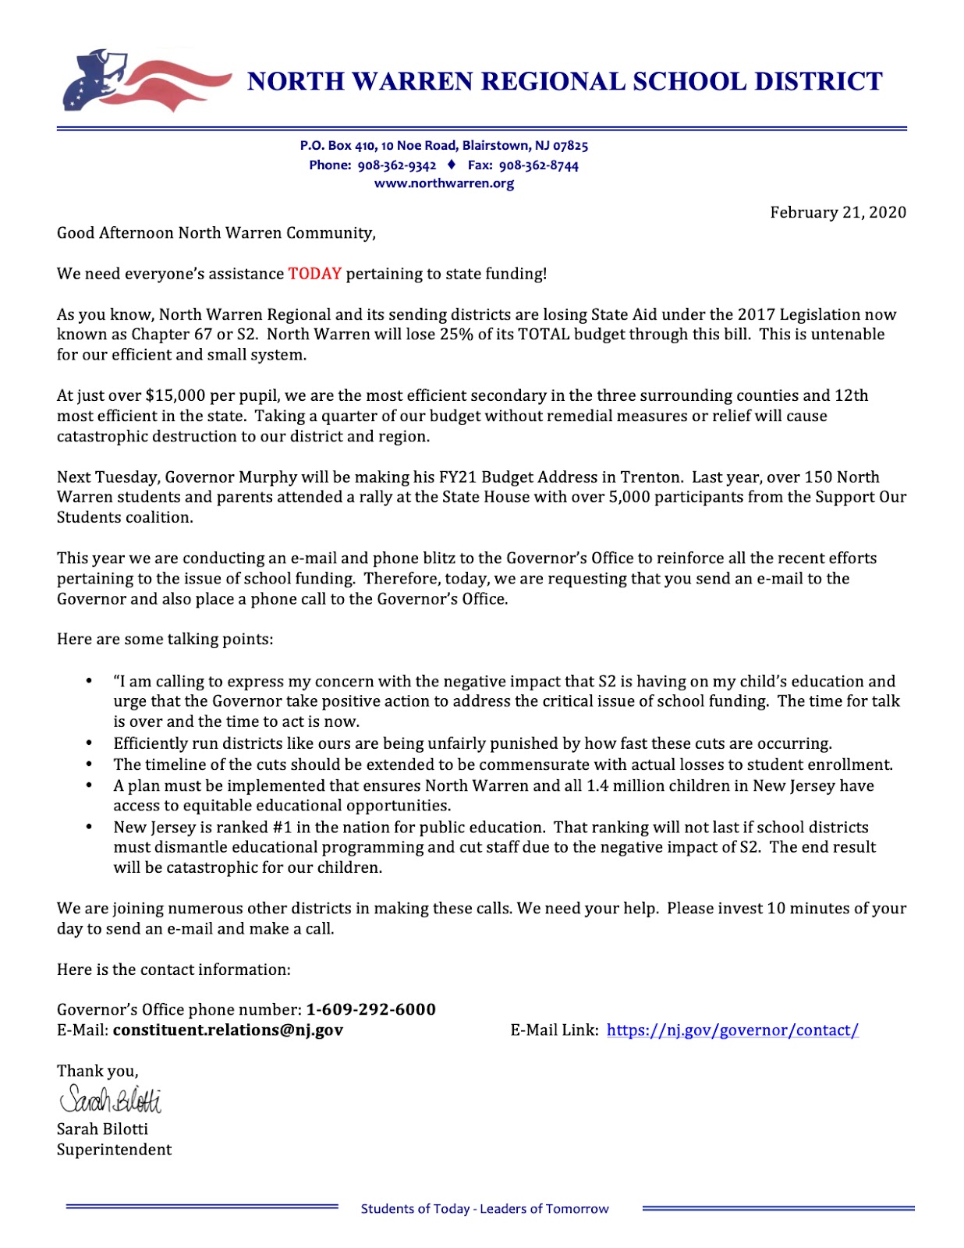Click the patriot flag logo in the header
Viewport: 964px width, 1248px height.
[144, 80]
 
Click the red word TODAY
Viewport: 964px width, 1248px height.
[314, 274]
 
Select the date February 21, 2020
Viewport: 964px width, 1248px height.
[838, 212]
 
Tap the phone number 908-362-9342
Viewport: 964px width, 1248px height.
[396, 165]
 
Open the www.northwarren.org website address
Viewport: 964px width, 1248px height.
[444, 183]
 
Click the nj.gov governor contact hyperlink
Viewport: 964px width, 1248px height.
[732, 1030]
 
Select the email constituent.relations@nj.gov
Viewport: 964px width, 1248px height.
[228, 1030]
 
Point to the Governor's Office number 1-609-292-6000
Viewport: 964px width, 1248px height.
[370, 1009]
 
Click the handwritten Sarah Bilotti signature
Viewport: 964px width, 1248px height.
[111, 1099]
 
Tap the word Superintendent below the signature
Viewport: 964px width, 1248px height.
[114, 1150]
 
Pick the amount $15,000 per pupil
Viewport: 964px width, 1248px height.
[172, 395]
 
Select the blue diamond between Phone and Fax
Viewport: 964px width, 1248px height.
[452, 165]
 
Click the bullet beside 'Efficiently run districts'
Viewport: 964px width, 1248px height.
[90, 743]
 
